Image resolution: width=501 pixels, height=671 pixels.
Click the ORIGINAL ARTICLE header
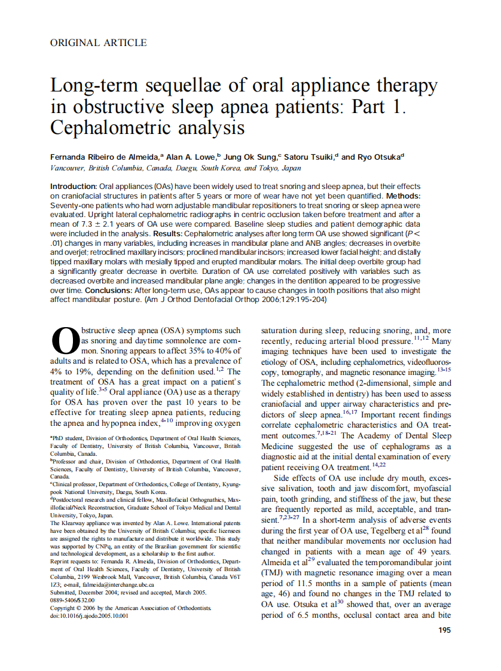(99, 42)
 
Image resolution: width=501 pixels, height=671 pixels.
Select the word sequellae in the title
(176, 86)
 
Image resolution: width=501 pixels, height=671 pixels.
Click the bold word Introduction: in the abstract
(73, 187)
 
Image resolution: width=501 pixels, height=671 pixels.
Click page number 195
(444, 630)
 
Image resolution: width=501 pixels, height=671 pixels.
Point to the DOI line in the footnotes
(89, 614)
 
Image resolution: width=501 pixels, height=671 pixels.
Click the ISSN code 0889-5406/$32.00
(72, 600)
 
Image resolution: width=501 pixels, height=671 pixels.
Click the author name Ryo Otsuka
(380, 157)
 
